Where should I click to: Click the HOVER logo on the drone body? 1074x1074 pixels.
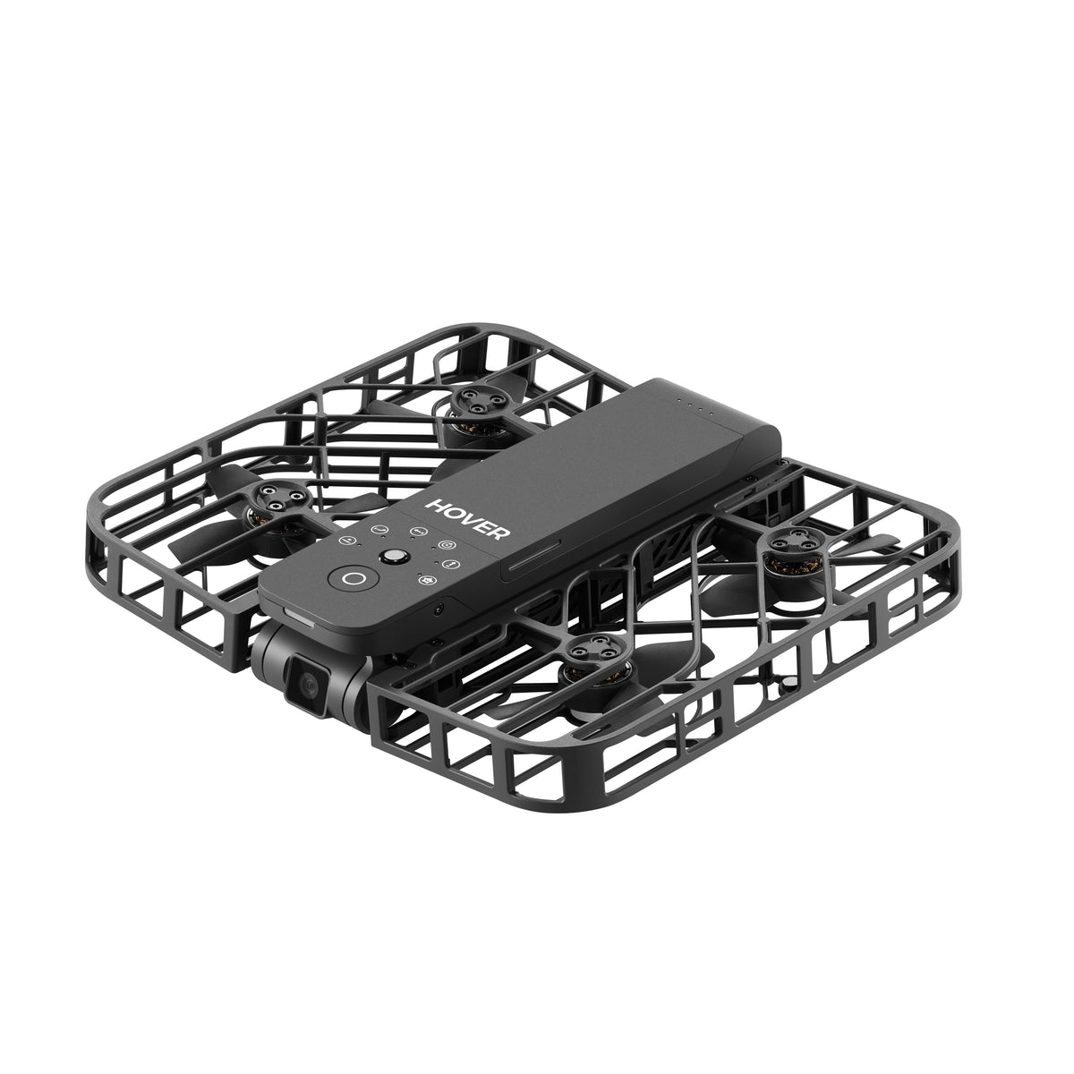(x=467, y=518)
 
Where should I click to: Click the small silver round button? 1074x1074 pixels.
(x=394, y=556)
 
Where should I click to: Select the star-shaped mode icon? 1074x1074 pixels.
(x=426, y=580)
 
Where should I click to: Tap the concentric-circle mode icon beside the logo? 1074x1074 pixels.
(x=447, y=544)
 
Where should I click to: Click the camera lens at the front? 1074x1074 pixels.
(x=308, y=685)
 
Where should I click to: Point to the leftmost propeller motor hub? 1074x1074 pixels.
(x=277, y=499)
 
